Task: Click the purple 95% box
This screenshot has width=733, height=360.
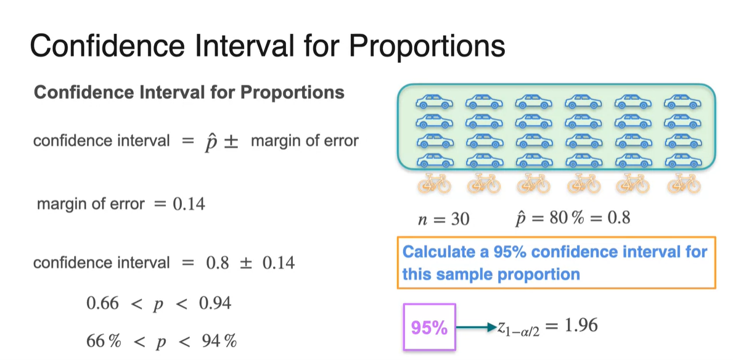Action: point(430,327)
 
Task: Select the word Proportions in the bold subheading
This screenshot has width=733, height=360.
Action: point(292,92)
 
